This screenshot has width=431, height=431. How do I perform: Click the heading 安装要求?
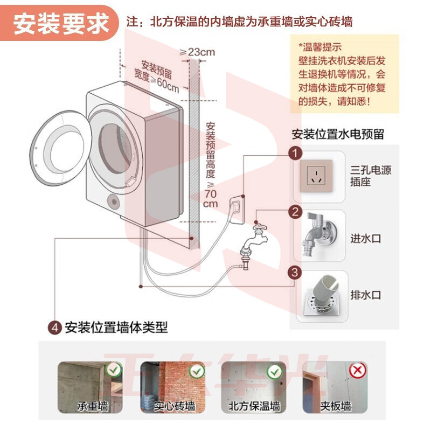point(61,24)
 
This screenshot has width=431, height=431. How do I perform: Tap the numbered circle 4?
point(54,327)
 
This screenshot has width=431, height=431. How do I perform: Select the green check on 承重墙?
point(114,370)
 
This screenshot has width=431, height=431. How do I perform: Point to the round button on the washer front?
point(114,201)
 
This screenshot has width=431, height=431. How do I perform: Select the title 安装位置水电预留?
point(338,134)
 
